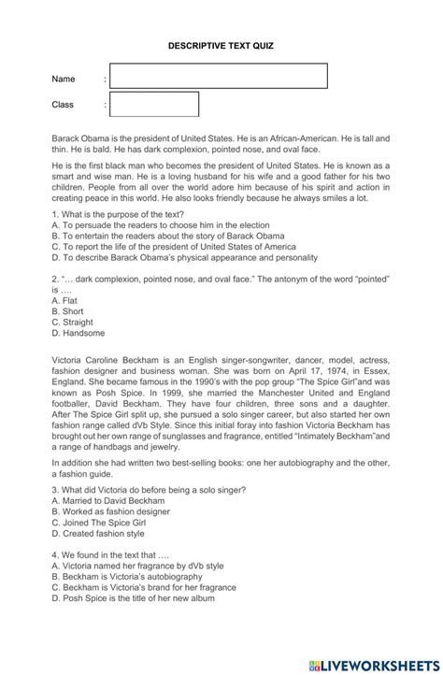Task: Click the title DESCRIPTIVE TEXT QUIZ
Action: click(x=221, y=44)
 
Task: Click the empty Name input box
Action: click(x=219, y=77)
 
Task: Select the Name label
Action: click(x=64, y=79)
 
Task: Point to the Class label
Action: click(x=64, y=105)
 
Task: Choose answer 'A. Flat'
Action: click(x=64, y=301)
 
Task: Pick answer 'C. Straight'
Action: click(x=73, y=322)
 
